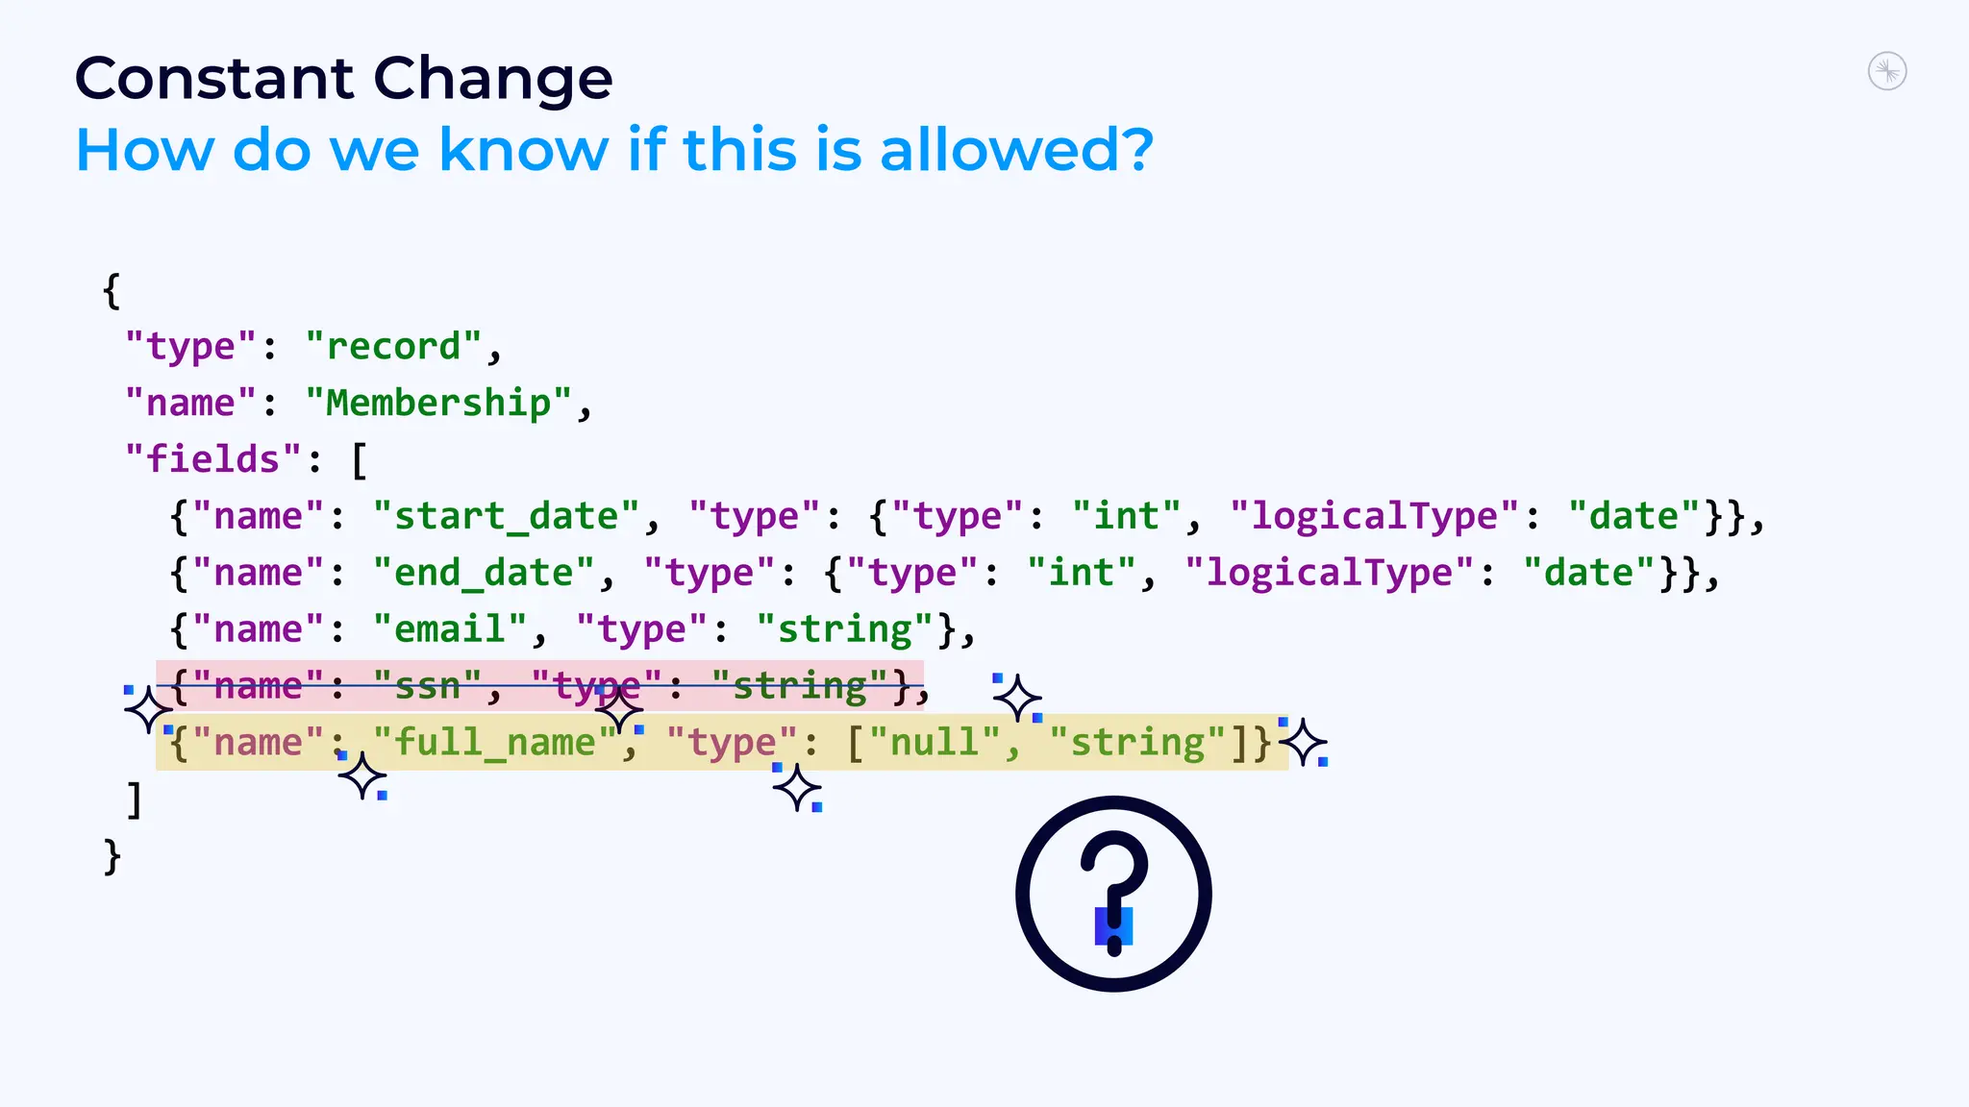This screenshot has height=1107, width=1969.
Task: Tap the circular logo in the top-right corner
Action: pos(1887,71)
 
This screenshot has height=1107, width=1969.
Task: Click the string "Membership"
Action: pos(438,404)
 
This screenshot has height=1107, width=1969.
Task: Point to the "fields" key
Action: pos(213,459)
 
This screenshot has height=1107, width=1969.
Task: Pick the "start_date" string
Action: pos(506,517)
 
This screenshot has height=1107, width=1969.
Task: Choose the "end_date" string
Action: pos(484,574)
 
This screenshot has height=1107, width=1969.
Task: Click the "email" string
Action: pos(450,630)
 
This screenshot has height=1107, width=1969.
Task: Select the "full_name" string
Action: pos(495,743)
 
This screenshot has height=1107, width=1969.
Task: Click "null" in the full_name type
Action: pos(935,743)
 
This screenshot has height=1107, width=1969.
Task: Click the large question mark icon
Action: pos(1113,894)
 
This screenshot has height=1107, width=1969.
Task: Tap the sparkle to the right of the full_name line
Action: pos(1305,743)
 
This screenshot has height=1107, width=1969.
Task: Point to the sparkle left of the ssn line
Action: pos(148,710)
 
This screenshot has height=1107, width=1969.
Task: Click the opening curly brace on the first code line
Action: pos(112,290)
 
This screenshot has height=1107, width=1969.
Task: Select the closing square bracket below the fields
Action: pos(135,799)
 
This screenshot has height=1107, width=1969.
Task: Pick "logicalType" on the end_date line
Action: pos(1329,574)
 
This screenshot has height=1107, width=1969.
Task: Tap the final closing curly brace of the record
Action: pos(112,856)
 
